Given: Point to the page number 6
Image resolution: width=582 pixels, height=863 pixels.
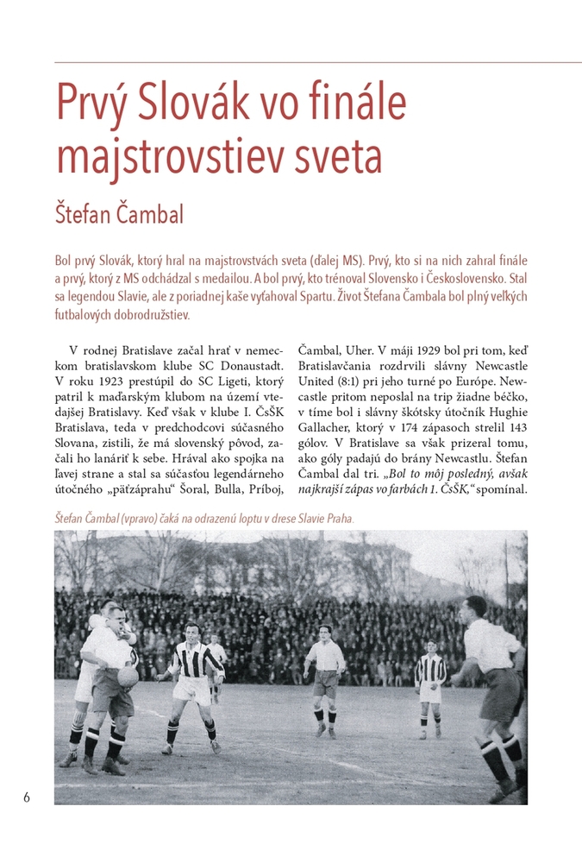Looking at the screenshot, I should click(27, 797).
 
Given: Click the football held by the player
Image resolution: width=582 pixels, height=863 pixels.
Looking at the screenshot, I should click(127, 676).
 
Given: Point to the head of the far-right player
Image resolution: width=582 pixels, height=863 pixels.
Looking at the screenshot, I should click(474, 608).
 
